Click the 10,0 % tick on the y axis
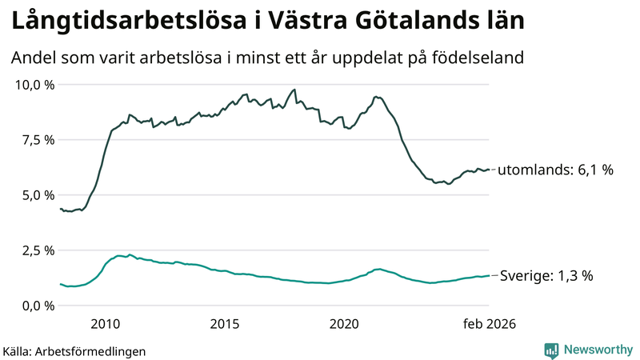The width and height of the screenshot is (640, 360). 33,85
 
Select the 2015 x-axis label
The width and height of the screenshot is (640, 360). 225,324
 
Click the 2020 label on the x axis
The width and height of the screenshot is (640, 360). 344,324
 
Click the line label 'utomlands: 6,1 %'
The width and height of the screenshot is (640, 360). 556,170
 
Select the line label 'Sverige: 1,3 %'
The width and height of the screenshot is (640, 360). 546,276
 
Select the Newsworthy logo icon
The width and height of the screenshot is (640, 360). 552,350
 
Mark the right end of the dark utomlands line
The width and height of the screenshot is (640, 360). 490,169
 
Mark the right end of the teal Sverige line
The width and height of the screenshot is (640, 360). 490,276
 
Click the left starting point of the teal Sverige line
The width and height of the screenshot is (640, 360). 60,284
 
